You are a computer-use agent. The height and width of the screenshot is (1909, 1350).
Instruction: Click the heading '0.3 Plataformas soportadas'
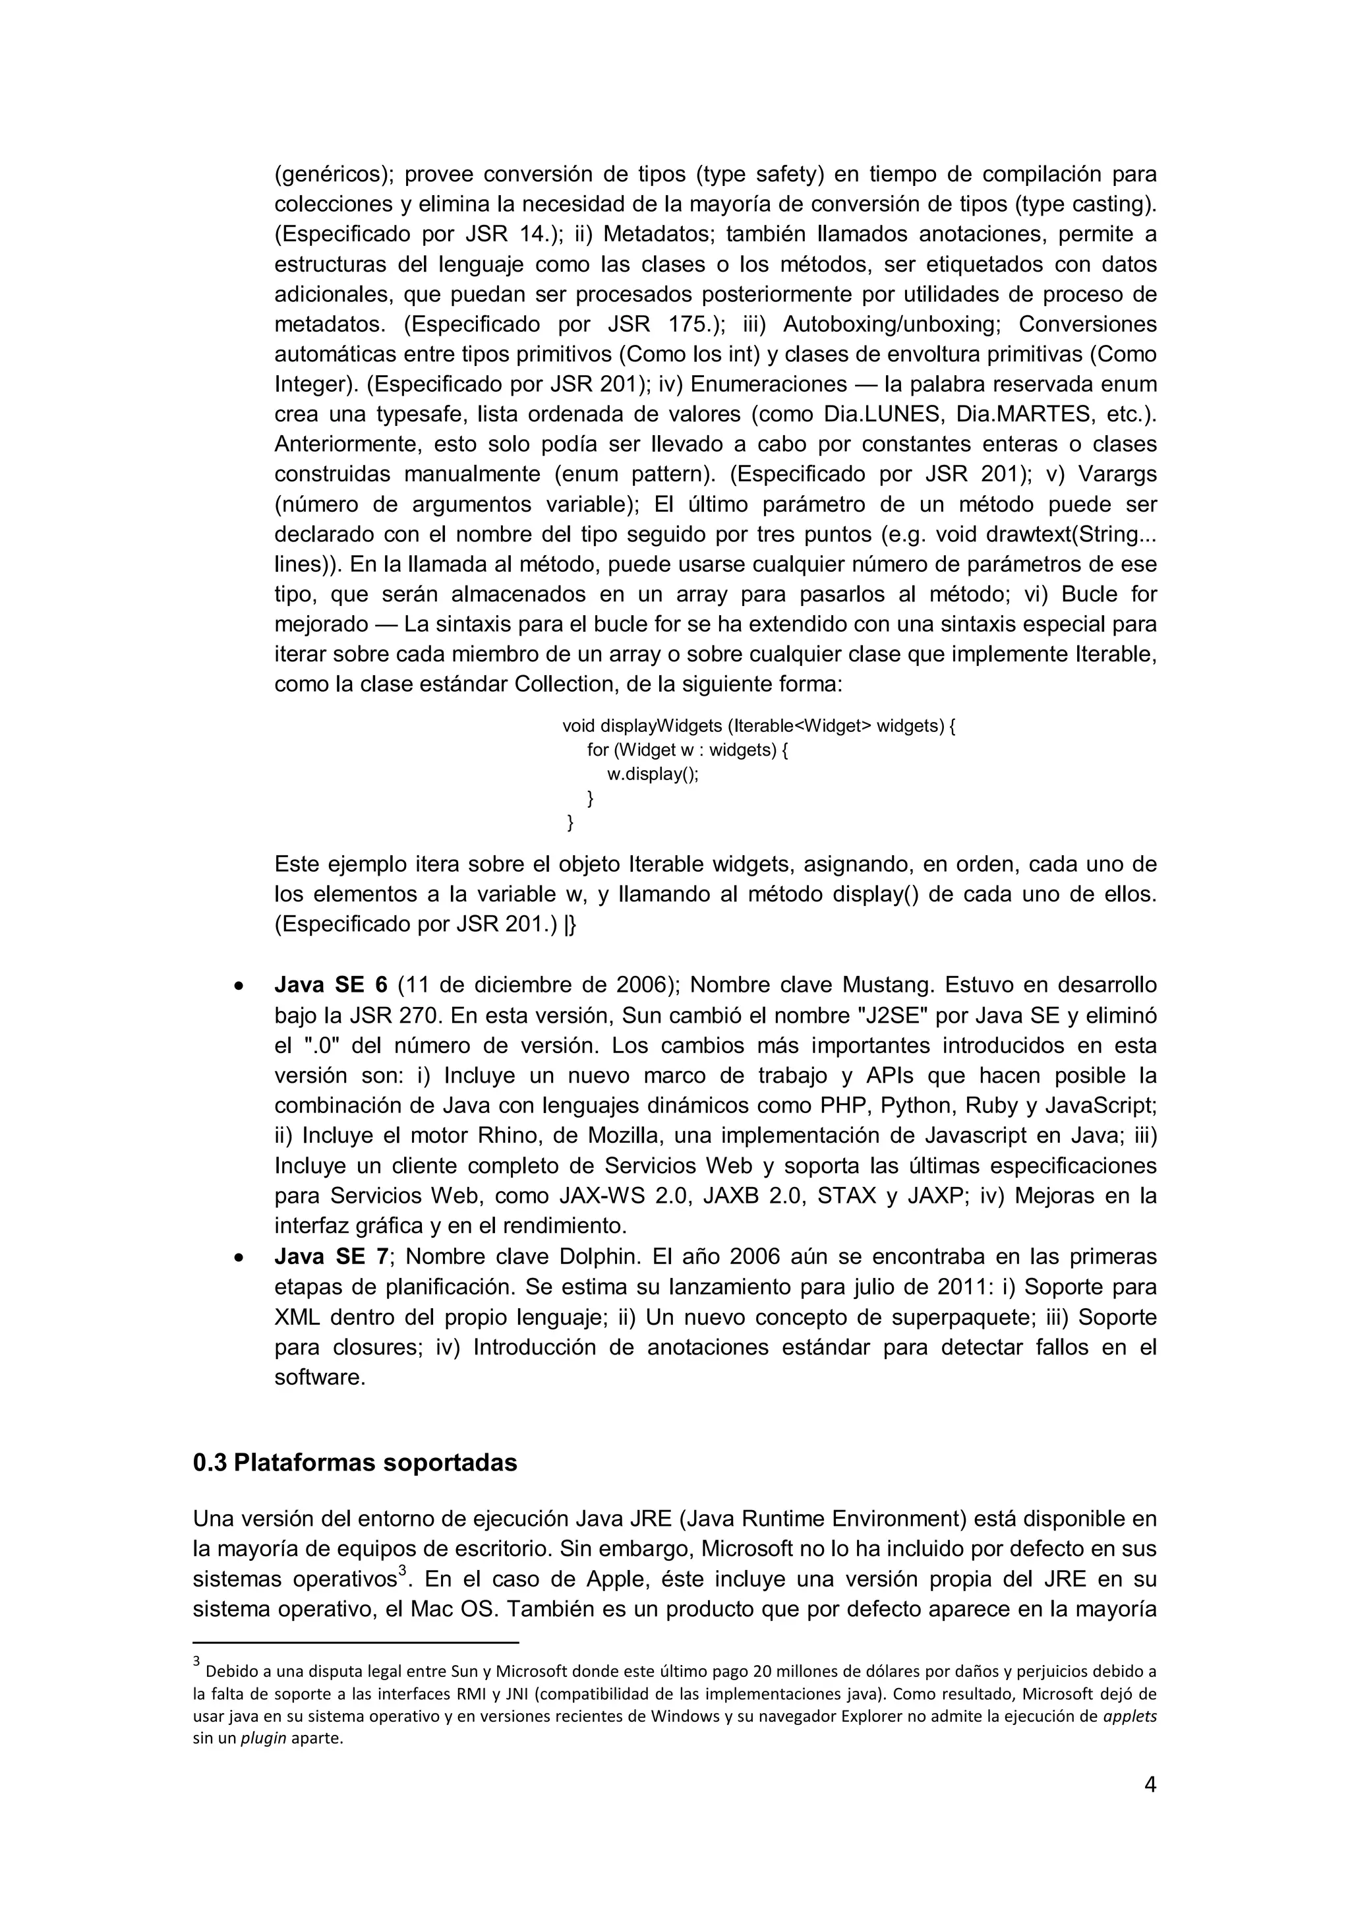(355, 1463)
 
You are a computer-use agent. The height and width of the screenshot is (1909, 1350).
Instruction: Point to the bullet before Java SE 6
(239, 987)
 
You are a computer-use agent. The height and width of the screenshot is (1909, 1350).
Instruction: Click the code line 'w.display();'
(653, 774)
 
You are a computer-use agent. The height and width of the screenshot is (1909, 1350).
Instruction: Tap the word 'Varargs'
(1117, 474)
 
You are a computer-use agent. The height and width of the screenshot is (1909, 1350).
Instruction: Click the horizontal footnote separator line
(356, 1643)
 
